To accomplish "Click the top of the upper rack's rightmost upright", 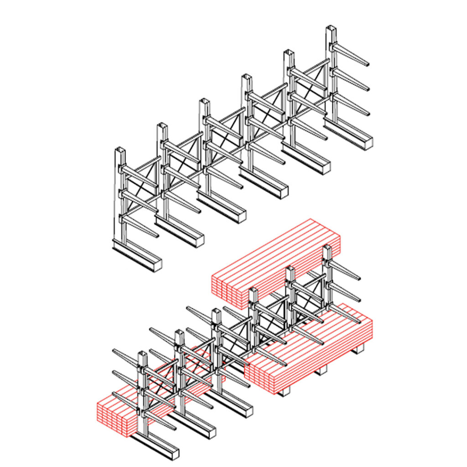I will point(331,30).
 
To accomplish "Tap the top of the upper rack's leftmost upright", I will point(120,151).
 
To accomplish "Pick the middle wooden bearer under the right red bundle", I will point(322,369).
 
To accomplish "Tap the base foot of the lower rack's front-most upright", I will point(157,447).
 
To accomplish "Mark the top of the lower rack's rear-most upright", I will point(327,248).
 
